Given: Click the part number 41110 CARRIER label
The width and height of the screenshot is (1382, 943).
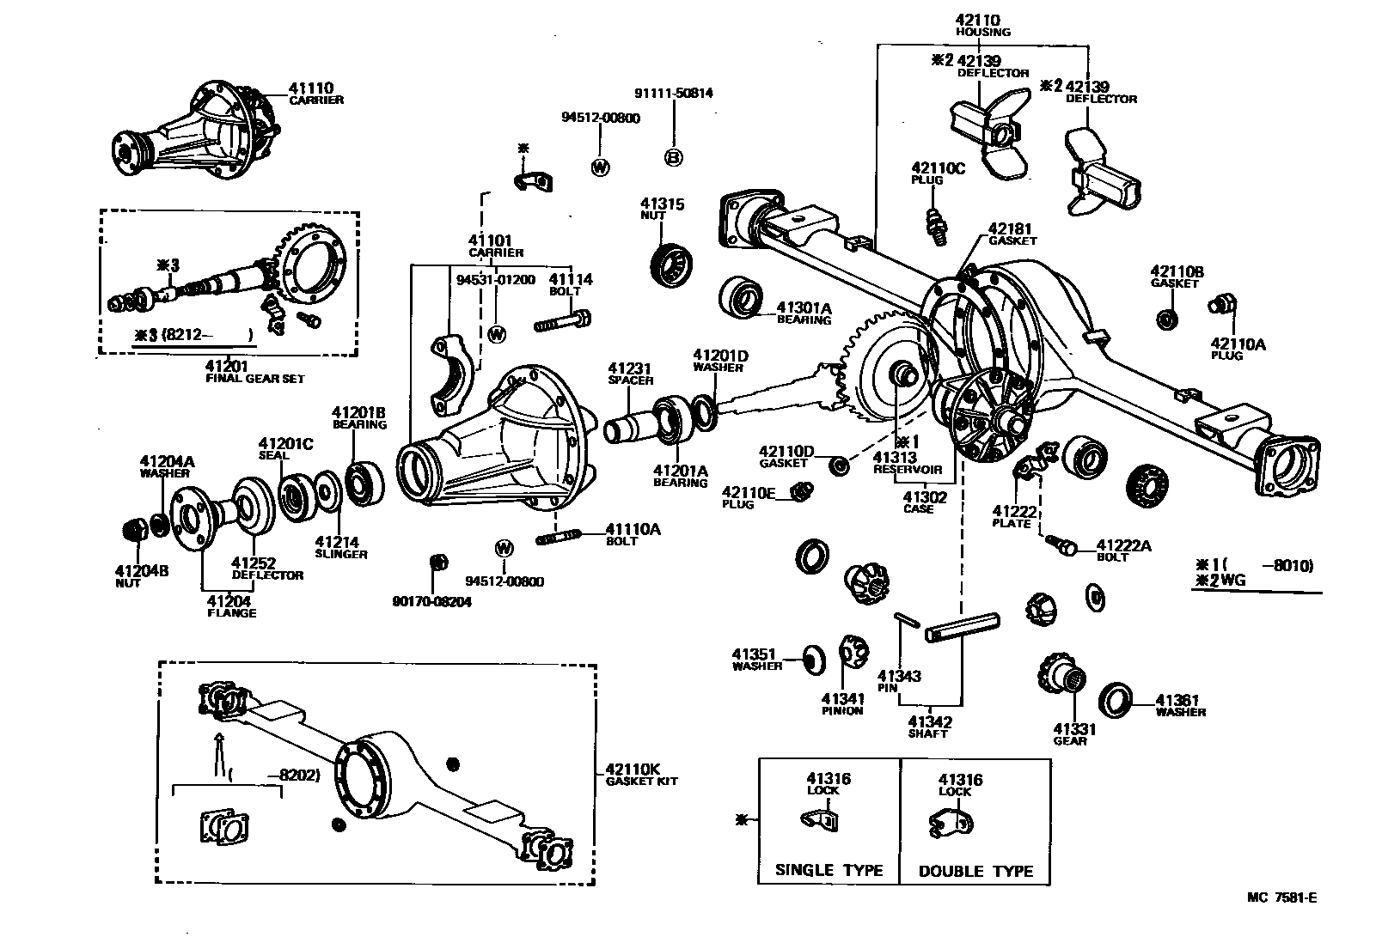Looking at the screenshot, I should click(314, 93).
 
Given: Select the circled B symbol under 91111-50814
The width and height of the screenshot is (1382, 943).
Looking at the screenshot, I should click(674, 157).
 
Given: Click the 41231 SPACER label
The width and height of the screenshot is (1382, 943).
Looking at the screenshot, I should click(630, 374).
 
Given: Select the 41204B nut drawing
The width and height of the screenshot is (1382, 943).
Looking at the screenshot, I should click(133, 529).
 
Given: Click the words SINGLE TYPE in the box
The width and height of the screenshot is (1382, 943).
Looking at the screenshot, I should click(829, 870).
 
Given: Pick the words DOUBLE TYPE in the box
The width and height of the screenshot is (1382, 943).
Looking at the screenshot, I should click(975, 871).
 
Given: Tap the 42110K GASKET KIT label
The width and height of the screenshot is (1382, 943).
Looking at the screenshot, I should click(641, 775).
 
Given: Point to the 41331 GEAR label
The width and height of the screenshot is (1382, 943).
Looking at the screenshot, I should click(1074, 734).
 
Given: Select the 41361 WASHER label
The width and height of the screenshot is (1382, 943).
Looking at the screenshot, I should click(1179, 706).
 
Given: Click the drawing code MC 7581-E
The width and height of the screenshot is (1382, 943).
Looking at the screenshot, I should click(1281, 898).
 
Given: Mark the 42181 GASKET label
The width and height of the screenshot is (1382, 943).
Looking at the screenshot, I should click(1011, 234).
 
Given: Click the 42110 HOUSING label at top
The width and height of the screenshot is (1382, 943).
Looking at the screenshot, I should click(982, 25).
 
